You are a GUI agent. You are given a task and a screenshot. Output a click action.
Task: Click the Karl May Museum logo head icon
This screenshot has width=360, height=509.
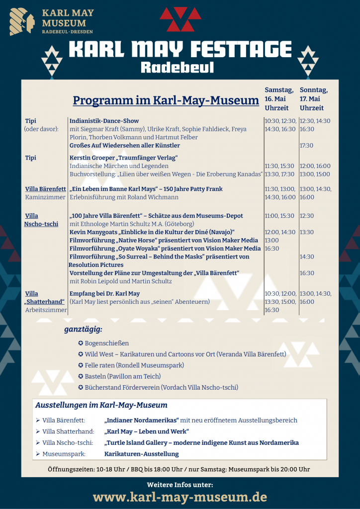tap(22, 22)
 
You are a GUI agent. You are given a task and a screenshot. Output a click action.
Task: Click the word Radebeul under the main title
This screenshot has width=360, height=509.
tap(180, 67)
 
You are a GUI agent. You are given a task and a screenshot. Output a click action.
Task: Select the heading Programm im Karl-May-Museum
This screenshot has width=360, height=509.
tap(166, 100)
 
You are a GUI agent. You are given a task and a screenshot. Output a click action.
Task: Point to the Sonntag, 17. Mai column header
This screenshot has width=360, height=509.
tap(314, 98)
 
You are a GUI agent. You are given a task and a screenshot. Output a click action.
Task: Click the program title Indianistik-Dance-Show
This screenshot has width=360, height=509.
tap(104, 121)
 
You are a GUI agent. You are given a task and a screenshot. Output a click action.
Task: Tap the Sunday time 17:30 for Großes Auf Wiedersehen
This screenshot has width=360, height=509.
tap(306, 146)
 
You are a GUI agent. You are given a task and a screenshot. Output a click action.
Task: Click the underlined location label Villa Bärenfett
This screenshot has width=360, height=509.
tap(45, 189)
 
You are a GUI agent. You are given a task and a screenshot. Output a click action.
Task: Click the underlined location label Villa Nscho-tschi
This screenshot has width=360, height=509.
tap(41, 220)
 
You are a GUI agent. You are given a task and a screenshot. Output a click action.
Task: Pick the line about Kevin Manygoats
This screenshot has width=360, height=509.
tap(152, 232)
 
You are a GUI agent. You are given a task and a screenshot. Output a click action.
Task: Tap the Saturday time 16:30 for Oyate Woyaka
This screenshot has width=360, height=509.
tap(271, 249)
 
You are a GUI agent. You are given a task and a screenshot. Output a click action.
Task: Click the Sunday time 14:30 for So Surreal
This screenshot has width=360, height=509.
tap(307, 256)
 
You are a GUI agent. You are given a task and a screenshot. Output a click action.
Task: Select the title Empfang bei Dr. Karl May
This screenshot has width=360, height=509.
tap(104, 294)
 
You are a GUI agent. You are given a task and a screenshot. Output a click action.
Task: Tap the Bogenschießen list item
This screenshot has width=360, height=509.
tap(106, 343)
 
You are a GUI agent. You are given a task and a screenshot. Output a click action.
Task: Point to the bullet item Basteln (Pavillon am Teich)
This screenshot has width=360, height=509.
tap(122, 376)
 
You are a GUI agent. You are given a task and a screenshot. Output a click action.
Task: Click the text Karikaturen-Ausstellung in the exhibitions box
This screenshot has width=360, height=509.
tap(141, 454)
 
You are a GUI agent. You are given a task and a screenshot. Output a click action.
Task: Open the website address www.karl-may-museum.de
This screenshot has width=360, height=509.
tap(180, 497)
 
